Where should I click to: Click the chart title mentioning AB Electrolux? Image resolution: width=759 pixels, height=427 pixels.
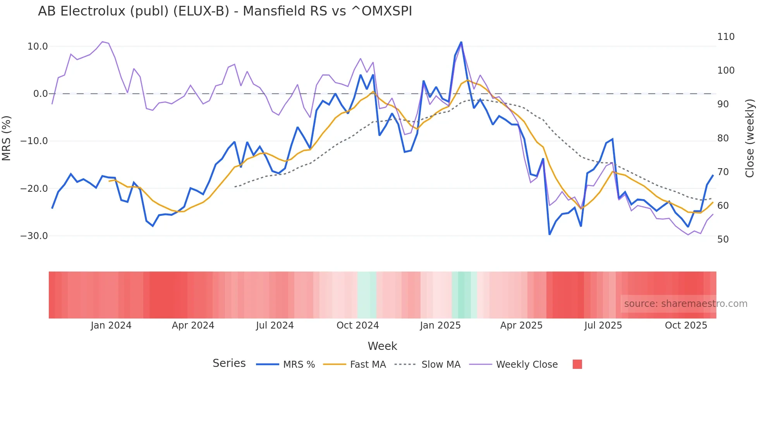pyautogui.click(x=225, y=11)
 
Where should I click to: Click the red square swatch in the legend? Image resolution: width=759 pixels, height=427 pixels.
pyautogui.click(x=577, y=364)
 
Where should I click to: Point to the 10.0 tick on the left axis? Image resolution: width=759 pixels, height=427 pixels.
pyautogui.click(x=38, y=46)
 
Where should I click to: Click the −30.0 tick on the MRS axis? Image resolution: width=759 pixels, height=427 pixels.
pyautogui.click(x=34, y=236)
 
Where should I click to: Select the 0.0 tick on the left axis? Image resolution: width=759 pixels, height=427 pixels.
pyautogui.click(x=41, y=94)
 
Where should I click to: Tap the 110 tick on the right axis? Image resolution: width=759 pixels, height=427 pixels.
pyautogui.click(x=726, y=37)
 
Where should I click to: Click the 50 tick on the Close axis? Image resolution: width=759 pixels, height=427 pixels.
pyautogui.click(x=723, y=239)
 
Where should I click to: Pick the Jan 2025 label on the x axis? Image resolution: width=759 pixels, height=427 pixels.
pyautogui.click(x=440, y=325)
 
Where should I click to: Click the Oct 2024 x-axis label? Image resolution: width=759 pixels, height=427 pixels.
pyautogui.click(x=357, y=325)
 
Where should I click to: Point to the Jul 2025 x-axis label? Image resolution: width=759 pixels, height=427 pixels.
pyautogui.click(x=603, y=325)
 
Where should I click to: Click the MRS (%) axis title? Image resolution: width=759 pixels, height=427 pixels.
pyautogui.click(x=6, y=138)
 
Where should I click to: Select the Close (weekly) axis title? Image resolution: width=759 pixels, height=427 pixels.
pyautogui.click(x=750, y=138)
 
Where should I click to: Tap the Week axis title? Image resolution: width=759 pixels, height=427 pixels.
pyautogui.click(x=382, y=346)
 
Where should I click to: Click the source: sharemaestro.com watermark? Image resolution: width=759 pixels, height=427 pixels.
pyautogui.click(x=685, y=304)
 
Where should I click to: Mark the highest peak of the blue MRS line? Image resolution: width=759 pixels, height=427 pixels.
pyautogui.click(x=461, y=42)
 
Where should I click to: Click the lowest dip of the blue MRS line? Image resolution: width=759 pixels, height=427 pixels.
pyautogui.click(x=550, y=234)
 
